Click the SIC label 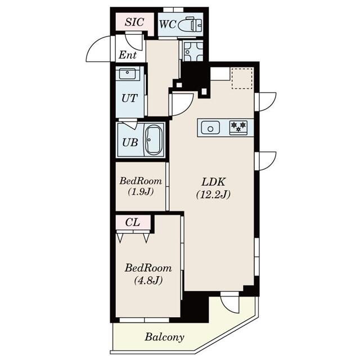click(134, 22)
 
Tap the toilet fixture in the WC click(190, 24)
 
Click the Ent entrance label click(128, 55)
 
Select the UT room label click(129, 98)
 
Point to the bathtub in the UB click(154, 140)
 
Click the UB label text click(130, 142)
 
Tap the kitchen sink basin click(210, 128)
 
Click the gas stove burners click(238, 127)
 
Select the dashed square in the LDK click(242, 78)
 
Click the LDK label click(214, 182)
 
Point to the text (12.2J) click(214, 195)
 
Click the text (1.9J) click(141, 191)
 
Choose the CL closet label click(133, 222)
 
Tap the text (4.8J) click(148, 280)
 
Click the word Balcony click(164, 337)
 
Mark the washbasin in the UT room click(128, 73)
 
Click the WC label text click(168, 24)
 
